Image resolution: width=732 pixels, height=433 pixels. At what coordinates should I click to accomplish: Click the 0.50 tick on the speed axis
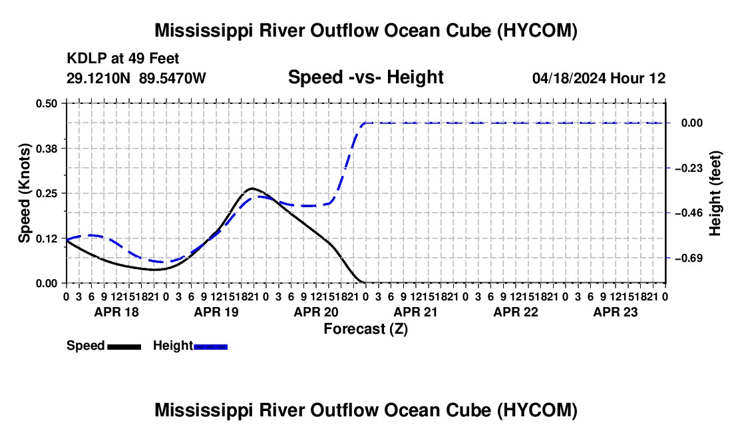click(x=46, y=103)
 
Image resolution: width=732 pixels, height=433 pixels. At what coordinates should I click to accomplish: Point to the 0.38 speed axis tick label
click(x=46, y=149)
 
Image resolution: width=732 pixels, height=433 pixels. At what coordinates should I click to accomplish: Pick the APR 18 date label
click(x=116, y=312)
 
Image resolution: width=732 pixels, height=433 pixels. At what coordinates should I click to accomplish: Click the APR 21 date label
click(x=415, y=312)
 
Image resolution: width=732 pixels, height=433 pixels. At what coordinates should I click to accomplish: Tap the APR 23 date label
click(x=616, y=312)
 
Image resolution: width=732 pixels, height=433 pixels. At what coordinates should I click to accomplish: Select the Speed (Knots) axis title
click(x=24, y=193)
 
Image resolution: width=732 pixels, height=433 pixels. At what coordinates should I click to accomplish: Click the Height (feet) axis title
click(x=715, y=193)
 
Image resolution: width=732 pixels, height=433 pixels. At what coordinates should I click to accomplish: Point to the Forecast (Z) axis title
click(x=366, y=329)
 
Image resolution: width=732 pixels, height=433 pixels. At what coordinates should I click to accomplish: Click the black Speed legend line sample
click(x=124, y=347)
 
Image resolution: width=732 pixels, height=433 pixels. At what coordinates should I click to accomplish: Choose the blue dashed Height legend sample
click(x=210, y=347)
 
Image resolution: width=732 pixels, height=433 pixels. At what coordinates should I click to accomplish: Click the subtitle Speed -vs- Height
click(x=366, y=77)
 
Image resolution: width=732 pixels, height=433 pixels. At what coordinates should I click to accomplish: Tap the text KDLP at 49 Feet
click(x=123, y=59)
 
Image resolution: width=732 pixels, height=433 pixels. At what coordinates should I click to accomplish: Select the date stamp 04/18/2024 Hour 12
click(x=599, y=78)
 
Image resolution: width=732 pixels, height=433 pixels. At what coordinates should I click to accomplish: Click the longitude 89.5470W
click(x=172, y=78)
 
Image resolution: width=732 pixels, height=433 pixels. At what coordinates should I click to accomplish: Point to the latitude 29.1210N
click(x=98, y=78)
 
